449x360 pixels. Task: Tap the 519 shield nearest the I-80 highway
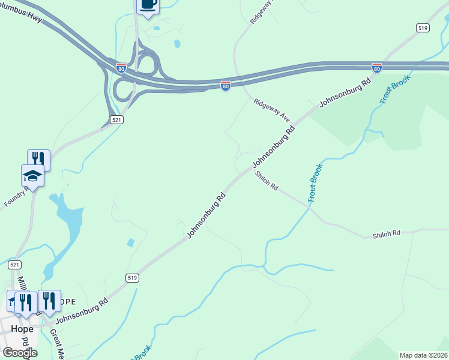click(x=422, y=28)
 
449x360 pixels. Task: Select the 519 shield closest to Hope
click(x=132, y=277)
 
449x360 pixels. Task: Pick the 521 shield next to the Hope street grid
click(x=15, y=264)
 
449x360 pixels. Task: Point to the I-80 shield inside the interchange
click(x=121, y=67)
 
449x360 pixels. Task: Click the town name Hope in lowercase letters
click(x=22, y=328)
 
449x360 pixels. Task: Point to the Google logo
click(x=19, y=353)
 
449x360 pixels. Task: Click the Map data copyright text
click(x=424, y=355)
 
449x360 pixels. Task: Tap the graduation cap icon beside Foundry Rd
click(x=32, y=176)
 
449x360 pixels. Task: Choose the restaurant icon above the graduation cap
click(x=38, y=158)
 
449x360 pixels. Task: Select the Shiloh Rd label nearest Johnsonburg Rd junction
click(x=267, y=181)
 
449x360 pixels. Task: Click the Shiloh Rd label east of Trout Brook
click(x=386, y=233)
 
